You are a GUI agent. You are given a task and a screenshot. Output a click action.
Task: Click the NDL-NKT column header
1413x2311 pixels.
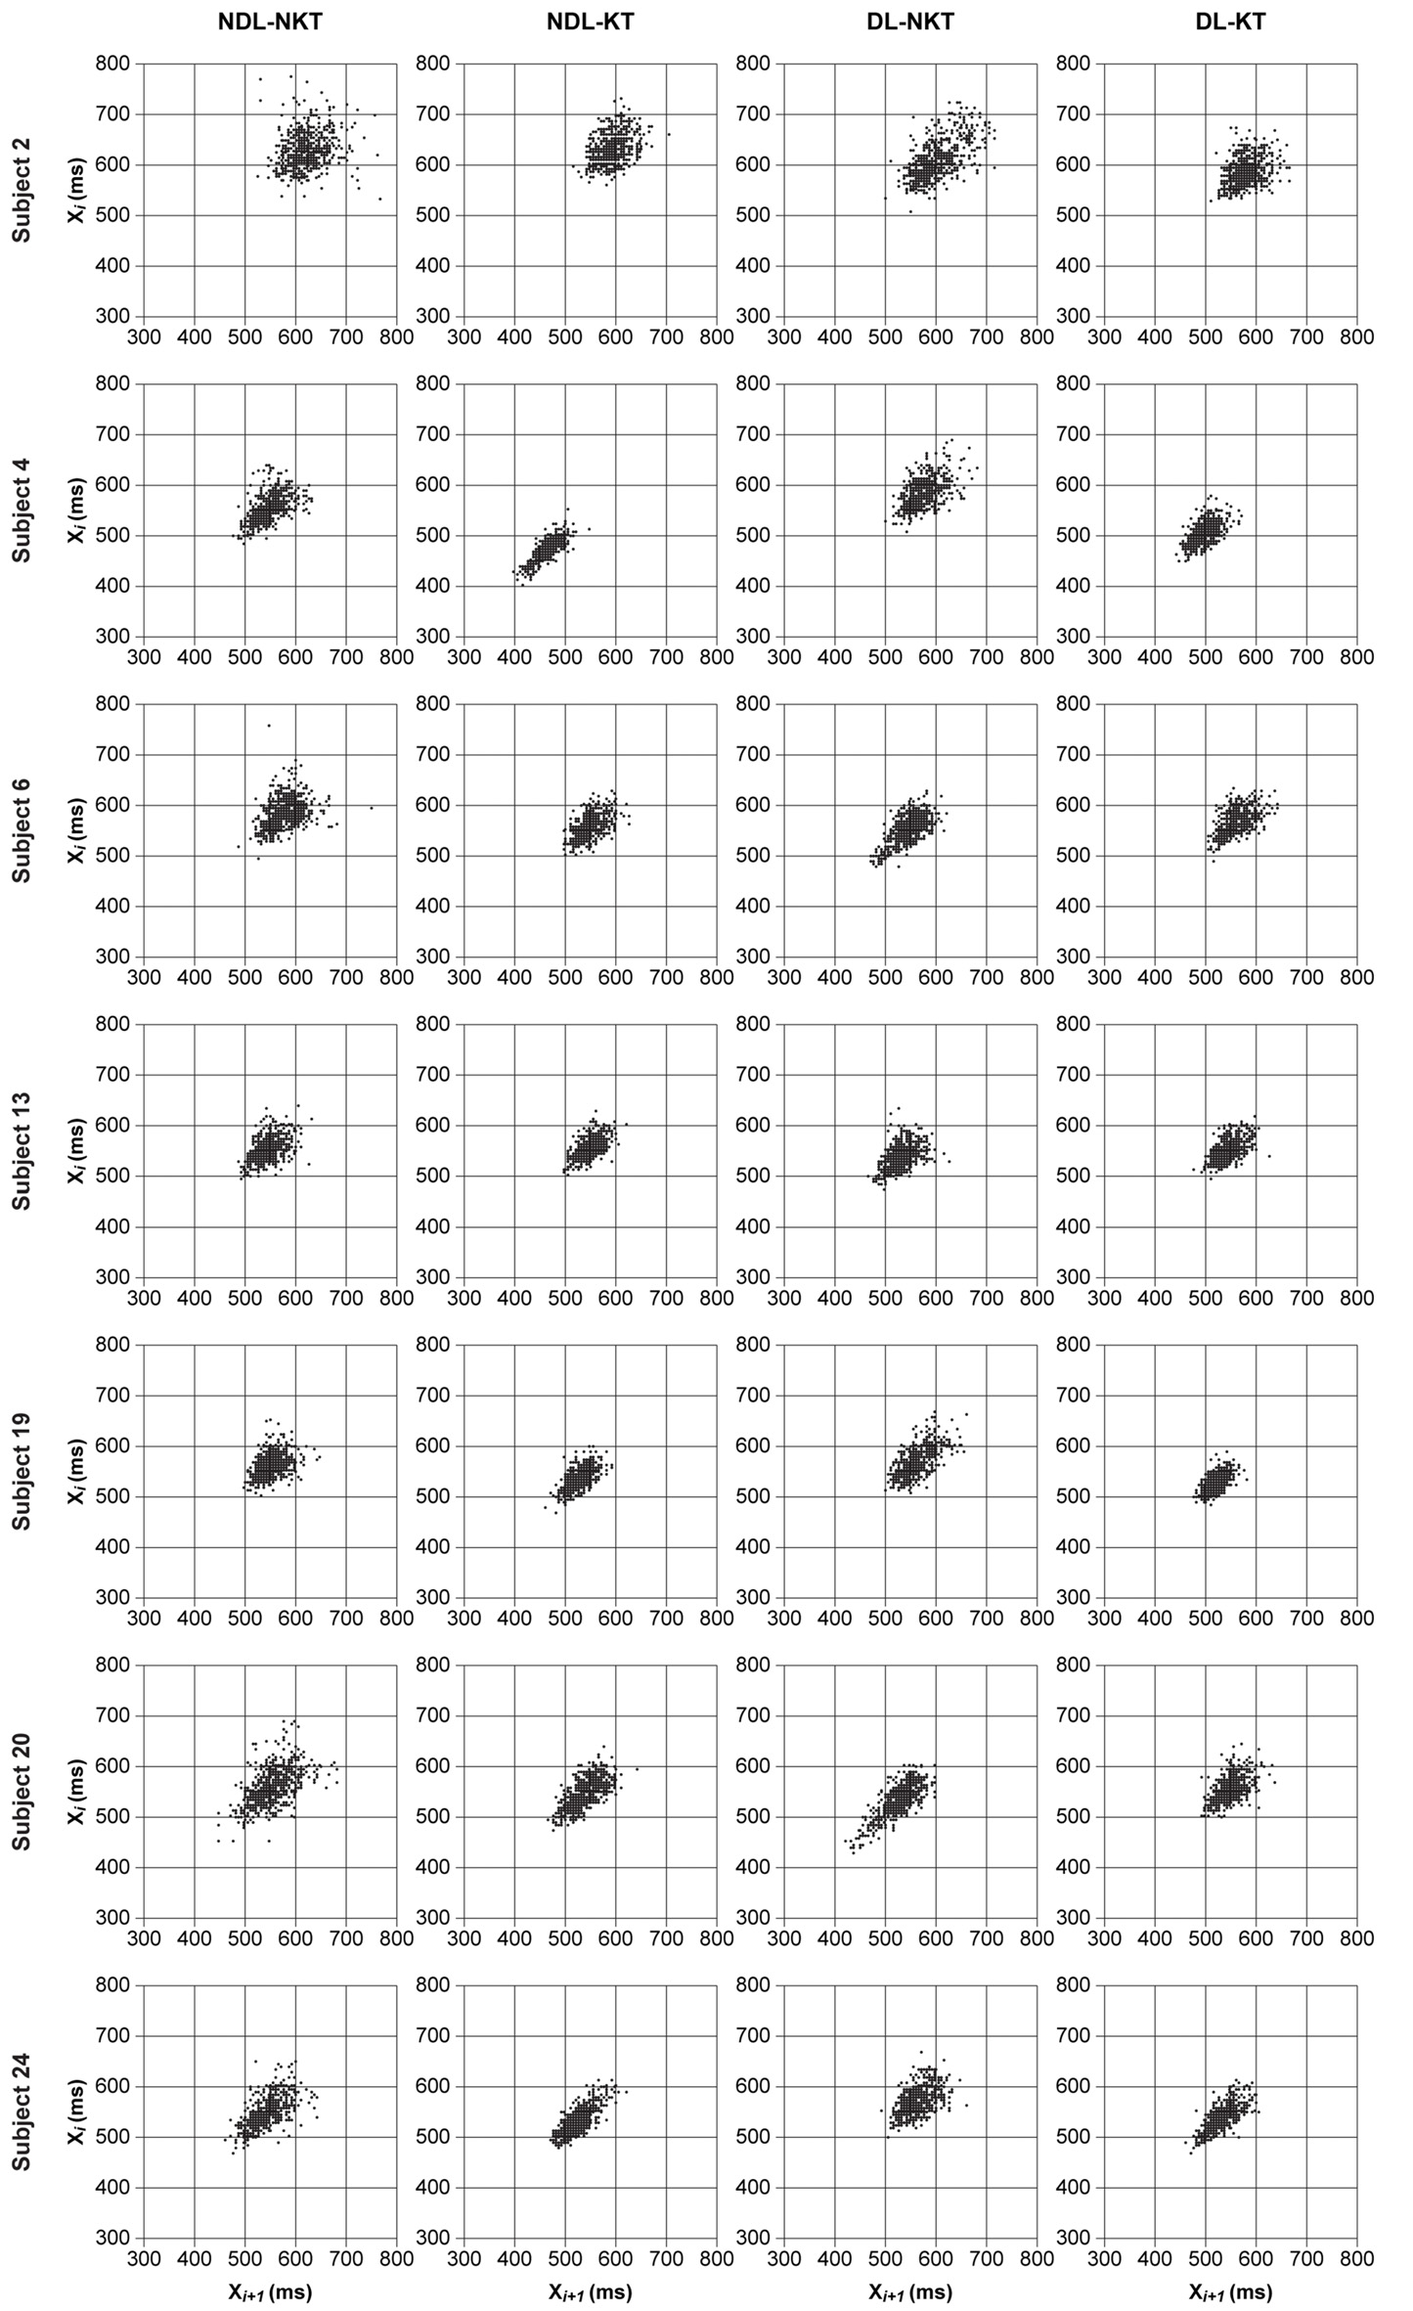click(x=270, y=22)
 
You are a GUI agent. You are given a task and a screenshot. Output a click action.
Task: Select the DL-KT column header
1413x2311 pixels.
click(x=1230, y=22)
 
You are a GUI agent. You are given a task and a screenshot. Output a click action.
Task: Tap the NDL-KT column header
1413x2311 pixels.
click(x=590, y=22)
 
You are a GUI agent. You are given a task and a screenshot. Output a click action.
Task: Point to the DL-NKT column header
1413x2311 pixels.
click(x=910, y=22)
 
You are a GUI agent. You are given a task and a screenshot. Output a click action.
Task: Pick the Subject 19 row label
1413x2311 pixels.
click(x=22, y=1471)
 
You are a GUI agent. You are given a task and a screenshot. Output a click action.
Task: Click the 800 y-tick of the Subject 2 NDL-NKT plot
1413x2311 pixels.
click(x=115, y=64)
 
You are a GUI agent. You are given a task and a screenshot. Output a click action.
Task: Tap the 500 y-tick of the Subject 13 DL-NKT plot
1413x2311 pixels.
click(x=756, y=1176)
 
